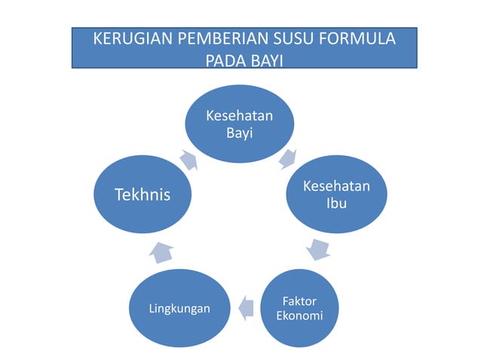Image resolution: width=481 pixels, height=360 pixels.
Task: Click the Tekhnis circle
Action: [x=142, y=194]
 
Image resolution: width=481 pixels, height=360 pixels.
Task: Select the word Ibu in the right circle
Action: [x=336, y=203]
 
